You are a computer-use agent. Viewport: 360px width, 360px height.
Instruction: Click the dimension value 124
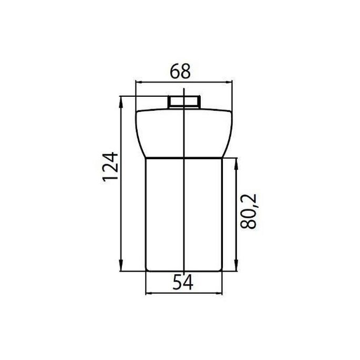109,167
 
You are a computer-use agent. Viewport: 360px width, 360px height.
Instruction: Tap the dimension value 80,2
250,210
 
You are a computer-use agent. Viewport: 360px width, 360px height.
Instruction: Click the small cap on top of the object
183,101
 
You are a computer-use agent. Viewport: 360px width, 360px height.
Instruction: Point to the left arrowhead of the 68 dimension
139,82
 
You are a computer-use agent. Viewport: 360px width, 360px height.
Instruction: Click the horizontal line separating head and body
183,158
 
